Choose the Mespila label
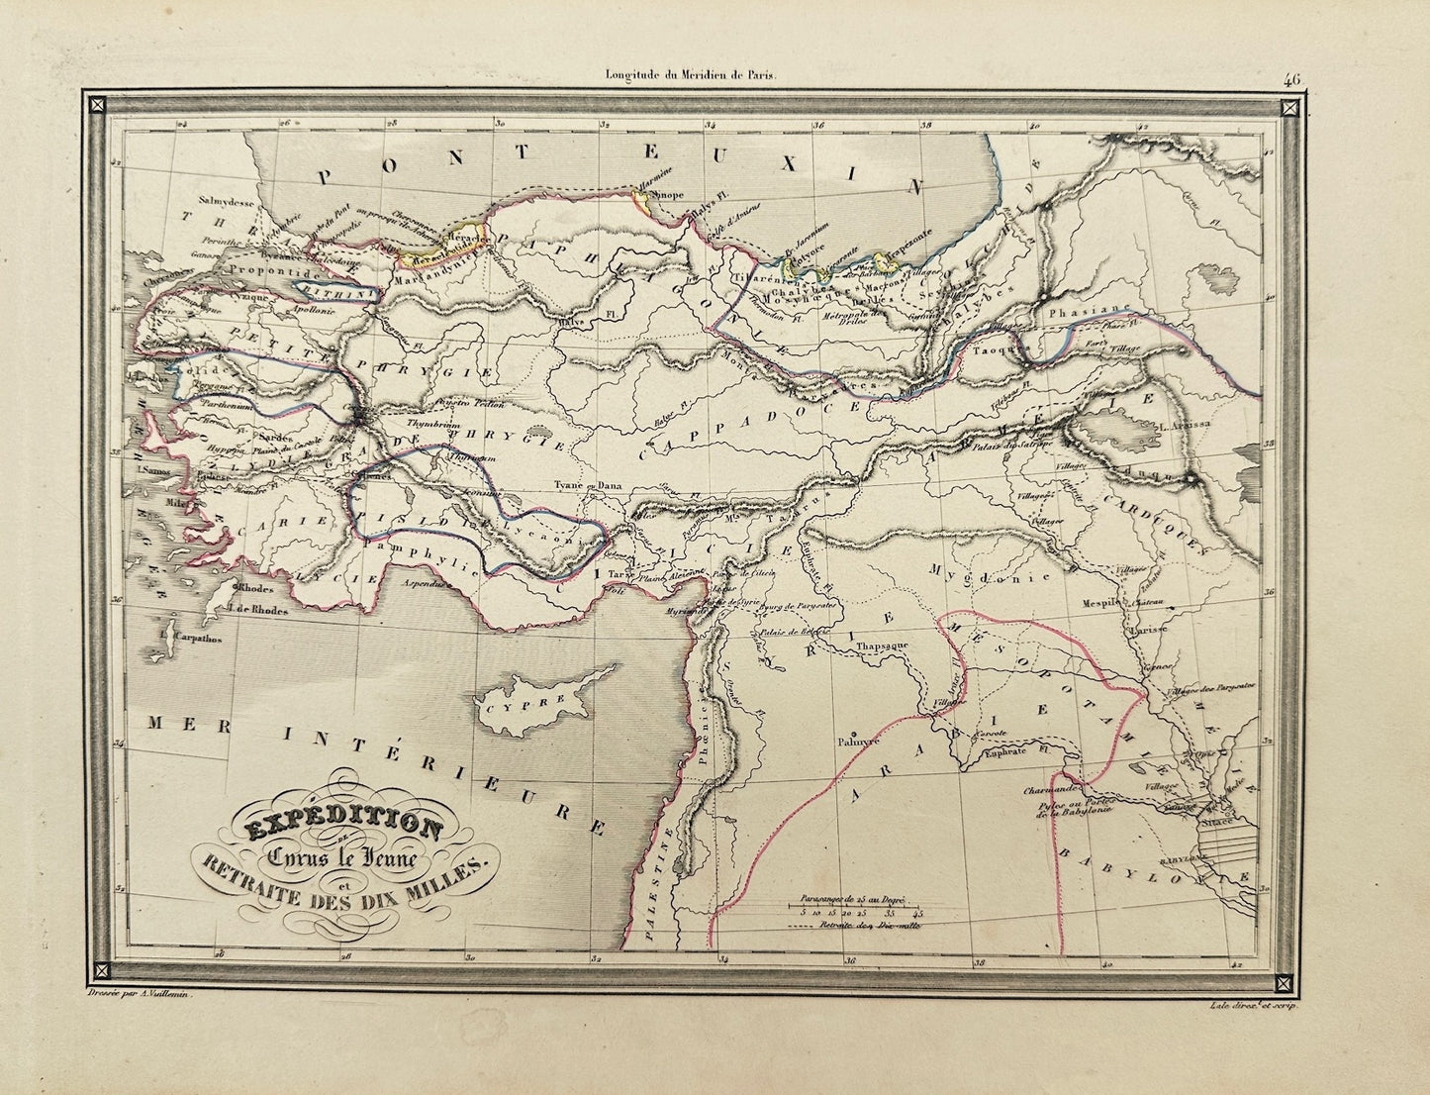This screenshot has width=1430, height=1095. pyautogui.click(x=1138, y=601)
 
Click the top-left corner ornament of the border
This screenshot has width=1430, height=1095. pyautogui.click(x=98, y=103)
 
